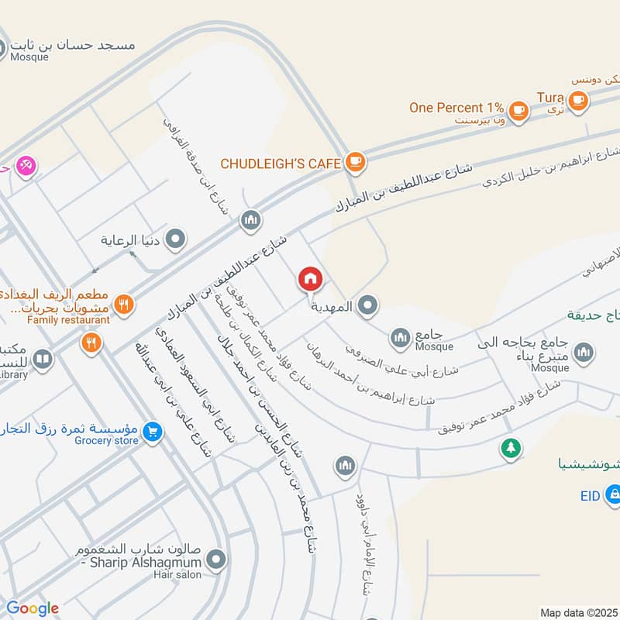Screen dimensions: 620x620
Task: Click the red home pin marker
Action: [x=311, y=279]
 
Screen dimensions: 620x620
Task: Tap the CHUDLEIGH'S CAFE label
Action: [x=281, y=164]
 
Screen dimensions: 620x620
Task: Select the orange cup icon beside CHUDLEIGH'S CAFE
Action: [x=355, y=162]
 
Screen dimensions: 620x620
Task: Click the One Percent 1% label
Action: [x=456, y=108]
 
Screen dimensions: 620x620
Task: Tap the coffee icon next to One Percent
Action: [x=518, y=110]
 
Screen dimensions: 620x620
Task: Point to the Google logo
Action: [x=33, y=608]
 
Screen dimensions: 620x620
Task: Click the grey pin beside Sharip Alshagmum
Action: [x=216, y=558]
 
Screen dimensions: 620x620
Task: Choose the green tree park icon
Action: [x=509, y=447]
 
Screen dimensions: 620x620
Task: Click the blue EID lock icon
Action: [x=612, y=492]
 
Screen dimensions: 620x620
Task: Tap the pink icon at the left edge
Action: [x=26, y=166]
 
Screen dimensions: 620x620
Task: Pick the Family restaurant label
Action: [x=68, y=319]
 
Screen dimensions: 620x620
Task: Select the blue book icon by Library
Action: [x=43, y=360]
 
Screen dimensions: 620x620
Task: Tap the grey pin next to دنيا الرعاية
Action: [x=176, y=239]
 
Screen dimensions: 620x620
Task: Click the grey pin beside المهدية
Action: [x=369, y=306]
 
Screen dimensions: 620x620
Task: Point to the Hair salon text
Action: [x=177, y=575]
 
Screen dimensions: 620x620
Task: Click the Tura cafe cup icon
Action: [x=577, y=100]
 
